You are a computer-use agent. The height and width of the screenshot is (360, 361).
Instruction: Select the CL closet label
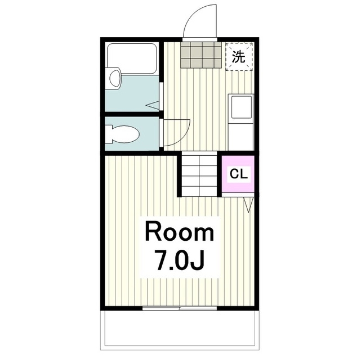pos(239,174)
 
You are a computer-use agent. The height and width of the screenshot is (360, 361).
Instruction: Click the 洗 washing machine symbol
pos(239,57)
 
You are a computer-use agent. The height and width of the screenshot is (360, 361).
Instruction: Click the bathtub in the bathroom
pos(132,58)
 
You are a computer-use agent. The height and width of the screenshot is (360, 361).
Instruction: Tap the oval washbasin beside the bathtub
pos(115,78)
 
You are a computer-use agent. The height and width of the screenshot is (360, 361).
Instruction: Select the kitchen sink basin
pos(242,107)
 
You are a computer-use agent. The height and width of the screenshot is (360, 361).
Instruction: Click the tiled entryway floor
pos(200,55)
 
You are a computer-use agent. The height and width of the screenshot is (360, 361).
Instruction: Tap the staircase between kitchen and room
pos(199,176)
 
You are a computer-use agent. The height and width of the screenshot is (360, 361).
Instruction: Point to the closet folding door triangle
pos(248,205)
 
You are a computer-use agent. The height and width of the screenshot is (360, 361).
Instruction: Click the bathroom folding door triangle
pos(153,105)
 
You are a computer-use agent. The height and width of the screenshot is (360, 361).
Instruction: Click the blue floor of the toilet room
pos(132,134)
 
